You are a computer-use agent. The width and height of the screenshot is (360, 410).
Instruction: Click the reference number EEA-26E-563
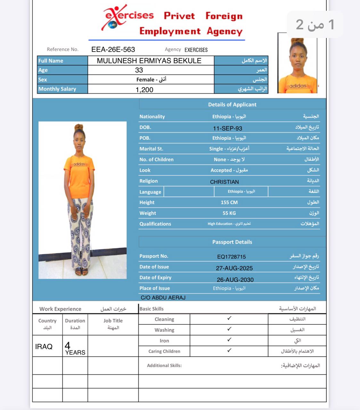click(x=113, y=50)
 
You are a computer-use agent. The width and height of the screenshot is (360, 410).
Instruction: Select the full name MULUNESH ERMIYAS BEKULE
click(x=149, y=61)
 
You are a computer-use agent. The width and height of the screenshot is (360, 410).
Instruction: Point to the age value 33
click(x=139, y=70)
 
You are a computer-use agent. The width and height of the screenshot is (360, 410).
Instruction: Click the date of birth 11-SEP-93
click(x=227, y=128)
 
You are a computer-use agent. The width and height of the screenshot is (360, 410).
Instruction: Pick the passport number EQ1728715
click(x=231, y=257)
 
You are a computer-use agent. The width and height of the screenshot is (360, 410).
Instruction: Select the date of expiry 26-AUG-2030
click(x=235, y=280)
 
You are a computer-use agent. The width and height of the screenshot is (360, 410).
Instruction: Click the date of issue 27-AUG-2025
click(x=234, y=268)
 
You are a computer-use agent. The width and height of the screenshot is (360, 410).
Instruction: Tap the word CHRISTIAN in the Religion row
click(x=224, y=182)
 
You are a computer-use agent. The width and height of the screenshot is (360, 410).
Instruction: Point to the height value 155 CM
click(x=229, y=202)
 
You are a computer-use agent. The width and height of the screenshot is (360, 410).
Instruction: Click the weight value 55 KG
click(x=229, y=213)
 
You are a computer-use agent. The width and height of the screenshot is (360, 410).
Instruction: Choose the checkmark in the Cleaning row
click(x=229, y=318)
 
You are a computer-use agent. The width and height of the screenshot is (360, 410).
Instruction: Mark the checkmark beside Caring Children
click(x=229, y=350)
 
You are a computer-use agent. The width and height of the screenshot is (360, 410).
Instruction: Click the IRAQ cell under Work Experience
click(x=44, y=347)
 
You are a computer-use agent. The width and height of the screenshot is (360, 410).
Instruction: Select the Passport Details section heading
click(x=232, y=242)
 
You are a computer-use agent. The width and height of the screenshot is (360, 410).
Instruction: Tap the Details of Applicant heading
click(x=232, y=105)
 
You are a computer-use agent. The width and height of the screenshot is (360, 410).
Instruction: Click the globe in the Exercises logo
click(x=112, y=24)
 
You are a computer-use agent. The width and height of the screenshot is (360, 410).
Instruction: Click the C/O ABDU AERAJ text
click(x=163, y=298)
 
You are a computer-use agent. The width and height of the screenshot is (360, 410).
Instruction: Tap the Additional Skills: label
click(x=164, y=365)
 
